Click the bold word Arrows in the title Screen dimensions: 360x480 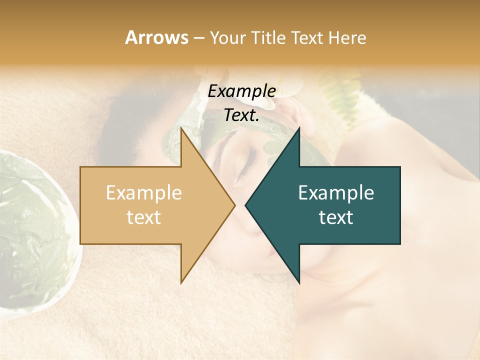(156, 37)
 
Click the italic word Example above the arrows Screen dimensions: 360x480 (241, 91)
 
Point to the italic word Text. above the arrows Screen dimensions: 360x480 (241, 115)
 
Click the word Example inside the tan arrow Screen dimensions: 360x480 (143, 192)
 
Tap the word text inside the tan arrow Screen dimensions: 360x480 (143, 217)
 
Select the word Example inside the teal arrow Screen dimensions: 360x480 (336, 192)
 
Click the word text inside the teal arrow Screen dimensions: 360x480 (336, 217)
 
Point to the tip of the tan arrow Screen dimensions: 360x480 (235, 205)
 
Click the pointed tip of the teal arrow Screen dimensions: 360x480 (245, 205)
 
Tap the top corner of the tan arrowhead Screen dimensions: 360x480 (181, 127)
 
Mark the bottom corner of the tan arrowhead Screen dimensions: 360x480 (181, 283)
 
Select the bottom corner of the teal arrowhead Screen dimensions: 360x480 (299, 283)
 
